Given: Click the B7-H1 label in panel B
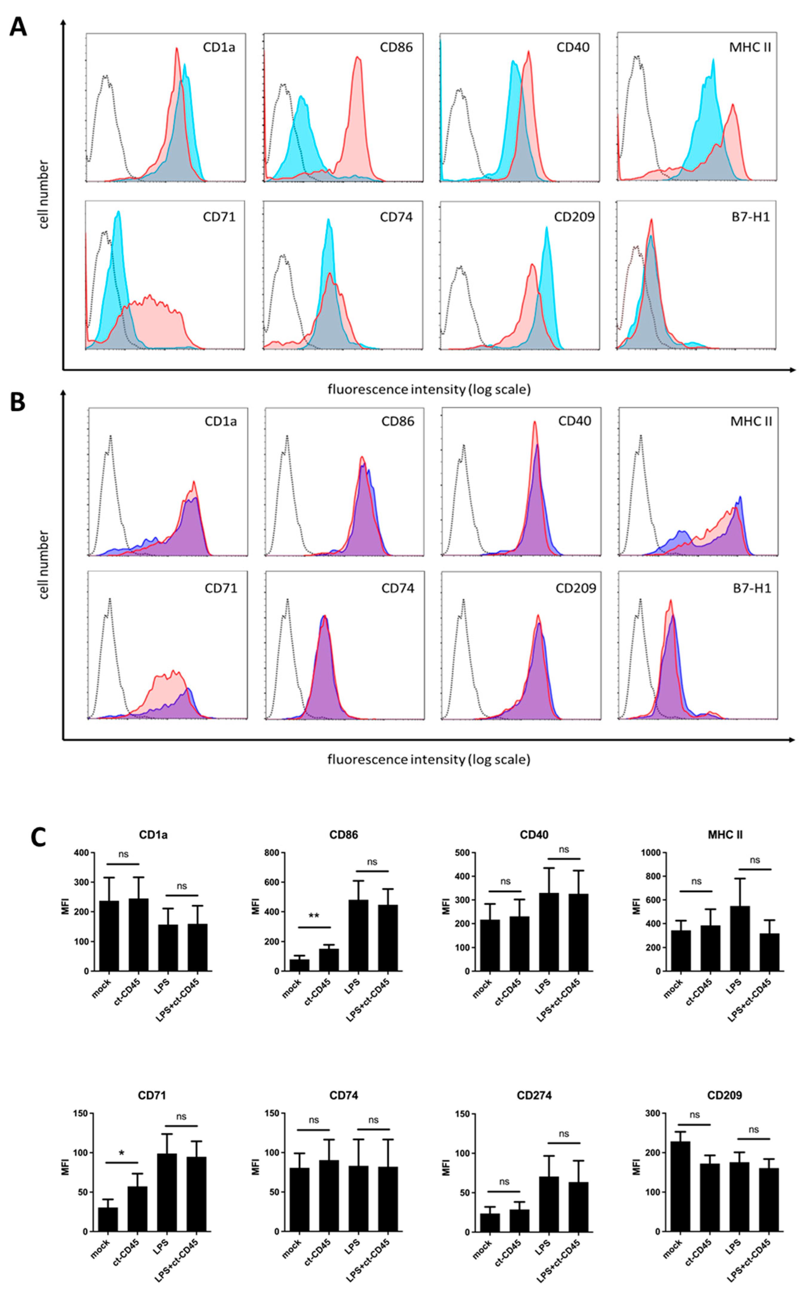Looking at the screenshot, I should click(x=751, y=588).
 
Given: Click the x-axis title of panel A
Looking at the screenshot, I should click(x=428, y=389).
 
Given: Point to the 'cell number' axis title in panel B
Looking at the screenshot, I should click(x=43, y=564).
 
